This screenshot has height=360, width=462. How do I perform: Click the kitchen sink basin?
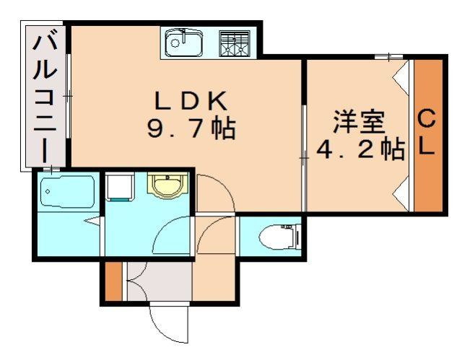tap(184, 43)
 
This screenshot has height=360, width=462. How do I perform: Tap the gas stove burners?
tap(234, 43)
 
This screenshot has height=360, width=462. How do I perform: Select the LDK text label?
tap(191, 101)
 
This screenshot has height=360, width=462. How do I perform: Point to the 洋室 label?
tap(359, 122)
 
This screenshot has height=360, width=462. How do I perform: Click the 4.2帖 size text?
tap(360, 149)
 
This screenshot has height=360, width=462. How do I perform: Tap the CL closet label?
tap(427, 132)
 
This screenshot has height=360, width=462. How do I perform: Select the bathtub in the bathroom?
tap(67, 191)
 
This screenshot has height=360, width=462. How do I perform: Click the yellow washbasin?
tap(167, 185)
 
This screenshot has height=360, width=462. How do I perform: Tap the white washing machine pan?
tap(120, 187)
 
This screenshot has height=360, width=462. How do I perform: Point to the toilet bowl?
tap(277, 237)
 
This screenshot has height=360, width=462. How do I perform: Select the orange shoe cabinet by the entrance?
tap(113, 281)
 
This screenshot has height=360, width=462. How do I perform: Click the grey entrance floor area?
tap(160, 281)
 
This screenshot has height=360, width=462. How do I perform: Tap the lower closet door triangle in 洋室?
tap(401, 193)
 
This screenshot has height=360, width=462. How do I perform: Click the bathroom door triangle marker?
tap(93, 221)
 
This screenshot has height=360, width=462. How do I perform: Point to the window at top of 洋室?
tap(388, 56)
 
